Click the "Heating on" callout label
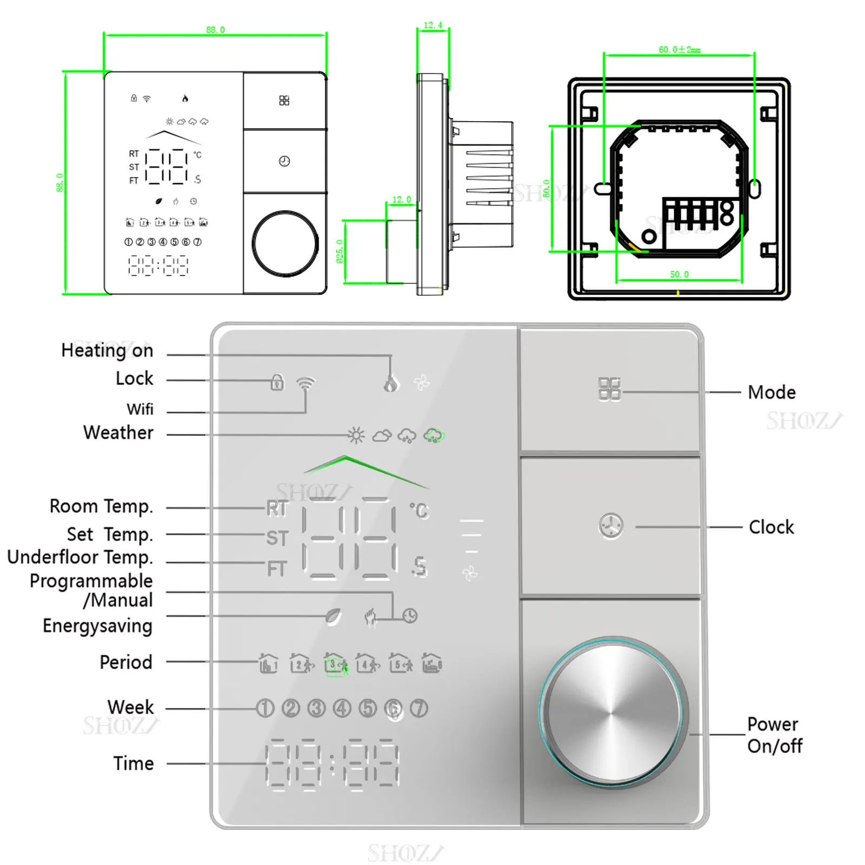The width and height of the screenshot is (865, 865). (107, 350)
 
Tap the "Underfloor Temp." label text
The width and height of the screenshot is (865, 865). (80, 557)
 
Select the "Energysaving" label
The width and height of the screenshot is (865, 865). (97, 626)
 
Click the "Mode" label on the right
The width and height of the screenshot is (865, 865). (771, 392)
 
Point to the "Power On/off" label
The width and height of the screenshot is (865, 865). (774, 735)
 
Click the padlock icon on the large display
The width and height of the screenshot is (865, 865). (277, 382)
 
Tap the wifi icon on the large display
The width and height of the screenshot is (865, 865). (305, 383)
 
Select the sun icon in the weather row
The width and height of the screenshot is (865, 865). (356, 435)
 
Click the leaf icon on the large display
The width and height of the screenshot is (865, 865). (334, 616)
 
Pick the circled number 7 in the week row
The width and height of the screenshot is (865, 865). (419, 708)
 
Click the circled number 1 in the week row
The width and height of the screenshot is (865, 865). (265, 708)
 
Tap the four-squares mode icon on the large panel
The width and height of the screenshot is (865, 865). (609, 389)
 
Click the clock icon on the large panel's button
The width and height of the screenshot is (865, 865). (611, 526)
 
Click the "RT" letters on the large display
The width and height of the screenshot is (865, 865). (277, 508)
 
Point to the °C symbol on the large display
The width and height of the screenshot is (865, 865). (419, 510)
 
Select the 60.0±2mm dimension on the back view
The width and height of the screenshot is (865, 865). (679, 50)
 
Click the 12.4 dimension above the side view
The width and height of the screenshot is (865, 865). (432, 25)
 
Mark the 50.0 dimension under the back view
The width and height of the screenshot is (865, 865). (679, 275)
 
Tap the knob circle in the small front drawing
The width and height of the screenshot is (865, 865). (285, 243)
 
